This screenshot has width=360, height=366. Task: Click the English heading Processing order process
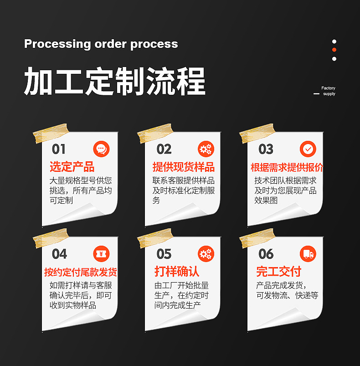click(101, 44)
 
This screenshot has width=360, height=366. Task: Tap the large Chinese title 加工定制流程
click(114, 82)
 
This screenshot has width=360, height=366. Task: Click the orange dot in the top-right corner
click(334, 50)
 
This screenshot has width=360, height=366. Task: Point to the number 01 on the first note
click(59, 149)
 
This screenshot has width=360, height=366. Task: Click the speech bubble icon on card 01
click(101, 149)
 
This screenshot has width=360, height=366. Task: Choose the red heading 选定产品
click(72, 167)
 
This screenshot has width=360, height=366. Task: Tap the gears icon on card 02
click(206, 149)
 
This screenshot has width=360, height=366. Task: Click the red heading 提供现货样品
click(184, 167)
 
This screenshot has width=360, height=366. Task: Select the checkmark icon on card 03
click(308, 149)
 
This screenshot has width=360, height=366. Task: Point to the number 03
click(266, 149)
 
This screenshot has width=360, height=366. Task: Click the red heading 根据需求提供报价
click(287, 167)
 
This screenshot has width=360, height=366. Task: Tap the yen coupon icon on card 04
click(101, 254)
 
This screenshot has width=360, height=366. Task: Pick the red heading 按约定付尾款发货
click(80, 273)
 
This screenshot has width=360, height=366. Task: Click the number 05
click(164, 254)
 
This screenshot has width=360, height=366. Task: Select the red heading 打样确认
click(177, 272)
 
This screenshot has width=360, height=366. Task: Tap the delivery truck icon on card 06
click(308, 254)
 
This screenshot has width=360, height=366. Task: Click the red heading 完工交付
click(278, 272)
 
